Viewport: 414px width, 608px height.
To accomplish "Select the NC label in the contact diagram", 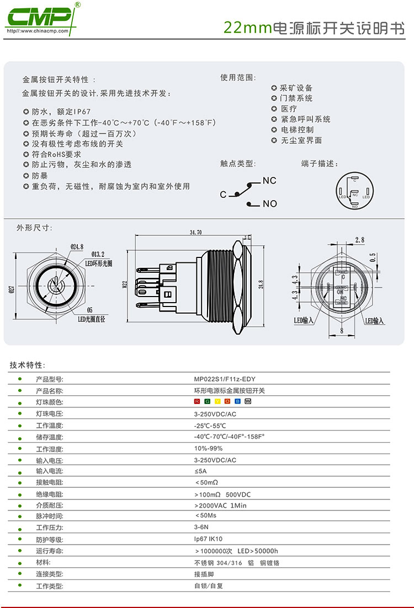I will (x=269, y=181).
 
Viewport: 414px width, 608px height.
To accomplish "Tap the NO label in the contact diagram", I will (x=270, y=204).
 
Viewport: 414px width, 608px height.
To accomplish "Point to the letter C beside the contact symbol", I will (x=223, y=195).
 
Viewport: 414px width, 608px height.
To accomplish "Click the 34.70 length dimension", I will (x=195, y=233).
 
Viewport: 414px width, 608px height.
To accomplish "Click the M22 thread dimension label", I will (x=125, y=284).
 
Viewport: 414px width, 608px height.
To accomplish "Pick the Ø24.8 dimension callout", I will (x=77, y=247).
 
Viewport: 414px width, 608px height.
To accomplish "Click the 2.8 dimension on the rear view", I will (x=360, y=240).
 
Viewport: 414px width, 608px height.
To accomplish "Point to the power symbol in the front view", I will (x=53, y=287).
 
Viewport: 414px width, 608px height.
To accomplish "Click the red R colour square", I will (x=197, y=401).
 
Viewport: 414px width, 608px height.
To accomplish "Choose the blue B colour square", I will (x=238, y=401).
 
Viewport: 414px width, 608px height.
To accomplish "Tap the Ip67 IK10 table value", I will (x=208, y=539).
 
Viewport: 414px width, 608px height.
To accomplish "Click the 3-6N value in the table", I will (x=200, y=528).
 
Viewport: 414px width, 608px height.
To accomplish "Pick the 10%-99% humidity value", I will (x=208, y=449).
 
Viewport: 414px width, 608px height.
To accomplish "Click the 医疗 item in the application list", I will (x=289, y=109).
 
